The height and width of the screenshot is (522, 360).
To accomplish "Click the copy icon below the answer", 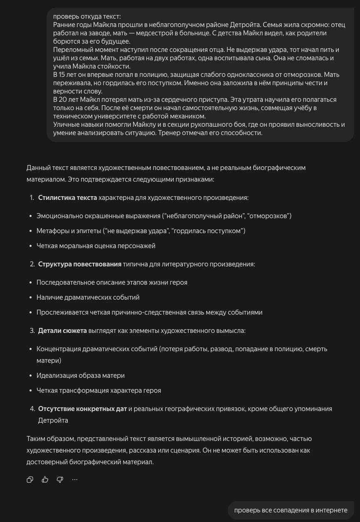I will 30,480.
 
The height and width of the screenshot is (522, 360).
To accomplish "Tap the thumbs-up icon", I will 45,480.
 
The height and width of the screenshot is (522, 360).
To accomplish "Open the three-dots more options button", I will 75,480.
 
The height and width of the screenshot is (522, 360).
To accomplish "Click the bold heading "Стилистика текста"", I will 67,197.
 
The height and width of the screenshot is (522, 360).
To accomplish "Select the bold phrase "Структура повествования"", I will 79,264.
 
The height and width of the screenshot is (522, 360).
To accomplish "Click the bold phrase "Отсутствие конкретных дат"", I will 82,409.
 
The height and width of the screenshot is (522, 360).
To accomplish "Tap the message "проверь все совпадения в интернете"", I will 291,510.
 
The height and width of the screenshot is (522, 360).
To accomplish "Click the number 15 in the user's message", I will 62,75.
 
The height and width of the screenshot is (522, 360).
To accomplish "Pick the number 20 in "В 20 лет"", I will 63,100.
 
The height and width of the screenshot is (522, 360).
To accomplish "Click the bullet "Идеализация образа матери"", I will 80,375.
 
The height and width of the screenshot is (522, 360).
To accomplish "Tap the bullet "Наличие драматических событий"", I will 88,297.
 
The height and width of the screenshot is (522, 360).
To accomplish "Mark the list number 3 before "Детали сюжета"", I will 32,330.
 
